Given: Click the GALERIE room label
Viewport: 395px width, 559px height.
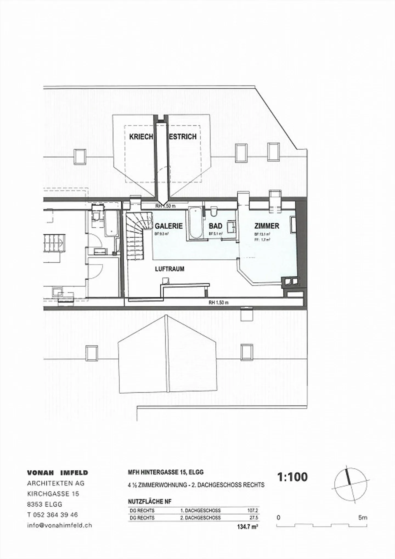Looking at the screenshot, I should [x=168, y=226].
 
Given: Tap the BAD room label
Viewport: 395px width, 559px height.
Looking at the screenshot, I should [x=215, y=226].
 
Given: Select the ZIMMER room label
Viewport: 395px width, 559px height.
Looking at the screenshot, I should [x=267, y=226].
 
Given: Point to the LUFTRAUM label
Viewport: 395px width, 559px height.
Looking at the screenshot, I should [x=170, y=269].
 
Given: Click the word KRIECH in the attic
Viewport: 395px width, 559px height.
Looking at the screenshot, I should [x=141, y=137].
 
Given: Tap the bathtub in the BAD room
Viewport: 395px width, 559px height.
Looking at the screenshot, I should [x=195, y=223].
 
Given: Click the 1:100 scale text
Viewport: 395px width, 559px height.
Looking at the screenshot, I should [x=292, y=477].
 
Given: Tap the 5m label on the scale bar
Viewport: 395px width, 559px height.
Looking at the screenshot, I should [x=362, y=518].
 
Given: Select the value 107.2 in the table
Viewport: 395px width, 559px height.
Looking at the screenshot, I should [x=253, y=510].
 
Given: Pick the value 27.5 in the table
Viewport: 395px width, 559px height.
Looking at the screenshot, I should [x=253, y=518].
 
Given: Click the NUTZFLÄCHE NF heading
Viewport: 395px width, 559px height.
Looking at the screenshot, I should [x=149, y=501].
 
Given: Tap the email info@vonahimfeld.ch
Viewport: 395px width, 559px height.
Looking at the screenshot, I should [x=60, y=525].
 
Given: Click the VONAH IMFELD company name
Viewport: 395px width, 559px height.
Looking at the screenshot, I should [x=58, y=473].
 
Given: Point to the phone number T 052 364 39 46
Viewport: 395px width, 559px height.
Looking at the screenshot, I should [x=52, y=515].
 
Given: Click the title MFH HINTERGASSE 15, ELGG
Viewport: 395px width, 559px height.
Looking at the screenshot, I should [x=166, y=472].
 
